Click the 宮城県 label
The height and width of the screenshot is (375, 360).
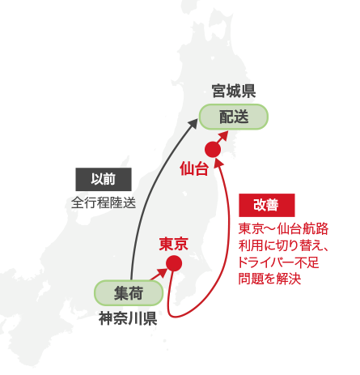pos(234,91)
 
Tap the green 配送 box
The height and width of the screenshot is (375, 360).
pos(234,117)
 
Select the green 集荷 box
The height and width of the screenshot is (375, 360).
pos(129,293)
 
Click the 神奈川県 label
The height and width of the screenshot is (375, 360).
pos(128,318)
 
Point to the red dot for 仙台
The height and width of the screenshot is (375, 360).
pos(213,149)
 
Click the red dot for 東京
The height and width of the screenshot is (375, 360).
pos(174,263)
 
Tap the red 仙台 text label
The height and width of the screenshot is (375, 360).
pos(194,168)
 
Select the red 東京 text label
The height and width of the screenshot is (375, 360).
pos(174,244)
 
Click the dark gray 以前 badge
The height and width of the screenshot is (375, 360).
pos(104,179)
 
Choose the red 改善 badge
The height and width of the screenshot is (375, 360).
pos(267,205)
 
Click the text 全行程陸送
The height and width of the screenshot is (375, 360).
pos(104,202)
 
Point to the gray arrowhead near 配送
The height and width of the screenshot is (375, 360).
pos(193,123)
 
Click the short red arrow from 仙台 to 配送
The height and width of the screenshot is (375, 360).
pos(222,137)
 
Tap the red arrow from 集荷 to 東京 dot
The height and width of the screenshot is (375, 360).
pos(159,274)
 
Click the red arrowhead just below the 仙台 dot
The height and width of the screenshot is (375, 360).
pos(219,162)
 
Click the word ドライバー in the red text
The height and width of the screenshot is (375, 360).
pos(266,262)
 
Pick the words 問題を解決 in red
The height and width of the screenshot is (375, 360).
pos(269,279)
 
